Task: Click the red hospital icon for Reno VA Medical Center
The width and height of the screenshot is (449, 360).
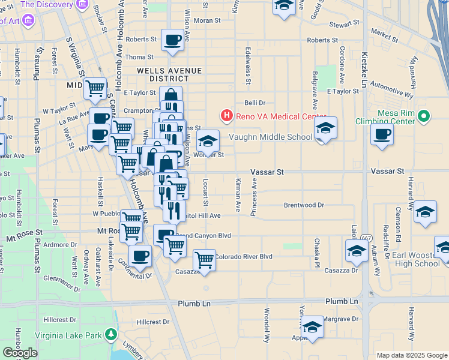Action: pos(227,115)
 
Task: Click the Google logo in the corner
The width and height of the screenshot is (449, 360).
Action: pos(20,353)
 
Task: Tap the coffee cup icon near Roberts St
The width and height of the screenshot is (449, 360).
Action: pos(173,40)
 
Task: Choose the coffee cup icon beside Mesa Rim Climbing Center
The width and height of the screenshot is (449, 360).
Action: pos(382,135)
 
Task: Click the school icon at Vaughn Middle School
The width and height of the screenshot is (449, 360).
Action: pos(325,128)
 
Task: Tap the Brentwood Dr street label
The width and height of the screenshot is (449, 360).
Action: pos(304,205)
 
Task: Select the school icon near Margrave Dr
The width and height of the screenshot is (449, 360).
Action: pos(312,327)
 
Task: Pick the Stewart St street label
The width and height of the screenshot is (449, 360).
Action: pos(344,25)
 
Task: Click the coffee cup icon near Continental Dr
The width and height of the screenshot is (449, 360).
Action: pos(140,256)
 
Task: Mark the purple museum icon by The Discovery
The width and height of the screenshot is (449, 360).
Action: pos(30,20)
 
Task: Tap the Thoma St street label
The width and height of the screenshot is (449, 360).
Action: pos(139,57)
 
